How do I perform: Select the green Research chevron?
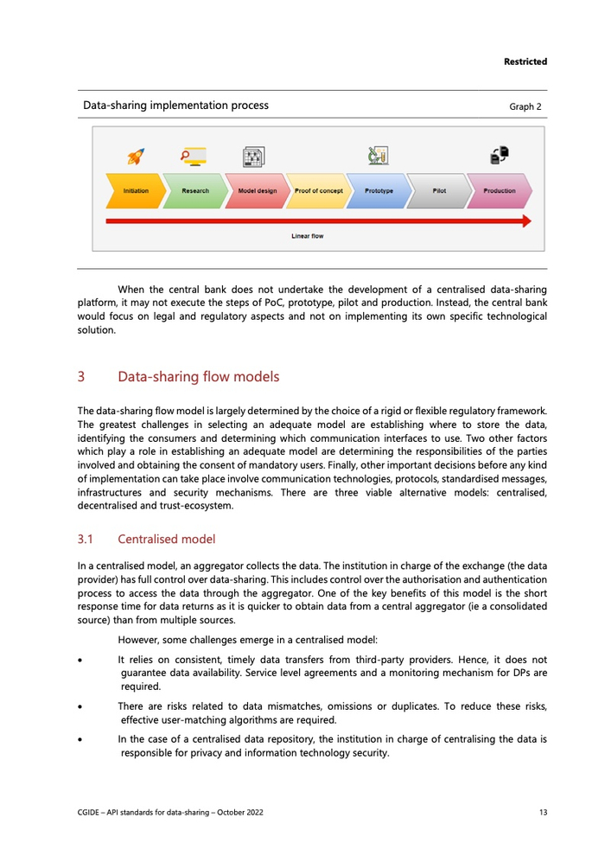(194, 191)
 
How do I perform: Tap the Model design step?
(256, 191)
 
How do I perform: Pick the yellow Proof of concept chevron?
(317, 191)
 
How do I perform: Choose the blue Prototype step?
(378, 191)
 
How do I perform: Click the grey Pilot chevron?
(438, 191)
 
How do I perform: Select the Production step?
(499, 191)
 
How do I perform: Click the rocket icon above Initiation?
(136, 157)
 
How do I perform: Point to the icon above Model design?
(253, 157)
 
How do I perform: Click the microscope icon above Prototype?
(378, 156)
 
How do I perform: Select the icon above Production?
(500, 156)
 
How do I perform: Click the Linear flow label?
(307, 236)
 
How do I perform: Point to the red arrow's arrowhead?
(525, 221)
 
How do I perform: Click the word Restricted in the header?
(525, 61)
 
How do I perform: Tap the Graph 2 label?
(525, 106)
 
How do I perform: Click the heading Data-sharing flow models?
(198, 377)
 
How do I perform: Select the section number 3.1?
(86, 540)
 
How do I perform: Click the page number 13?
(542, 813)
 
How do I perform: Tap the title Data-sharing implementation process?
(175, 105)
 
